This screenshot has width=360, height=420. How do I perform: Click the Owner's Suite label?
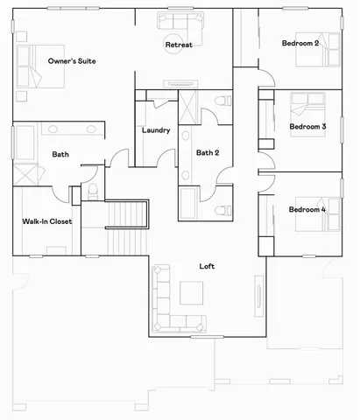(72, 61)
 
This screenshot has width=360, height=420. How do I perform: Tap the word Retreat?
(179, 45)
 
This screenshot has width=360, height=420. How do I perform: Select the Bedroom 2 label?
(300, 43)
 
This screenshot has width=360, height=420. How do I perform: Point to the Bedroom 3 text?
(307, 127)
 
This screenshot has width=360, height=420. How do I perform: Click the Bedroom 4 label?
(307, 210)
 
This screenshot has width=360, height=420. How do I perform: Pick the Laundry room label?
(155, 131)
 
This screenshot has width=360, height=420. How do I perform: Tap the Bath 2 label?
(208, 153)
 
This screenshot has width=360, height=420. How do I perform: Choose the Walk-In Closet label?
(46, 221)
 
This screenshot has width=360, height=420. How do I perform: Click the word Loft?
(207, 266)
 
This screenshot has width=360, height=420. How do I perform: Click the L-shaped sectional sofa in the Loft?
(166, 302)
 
